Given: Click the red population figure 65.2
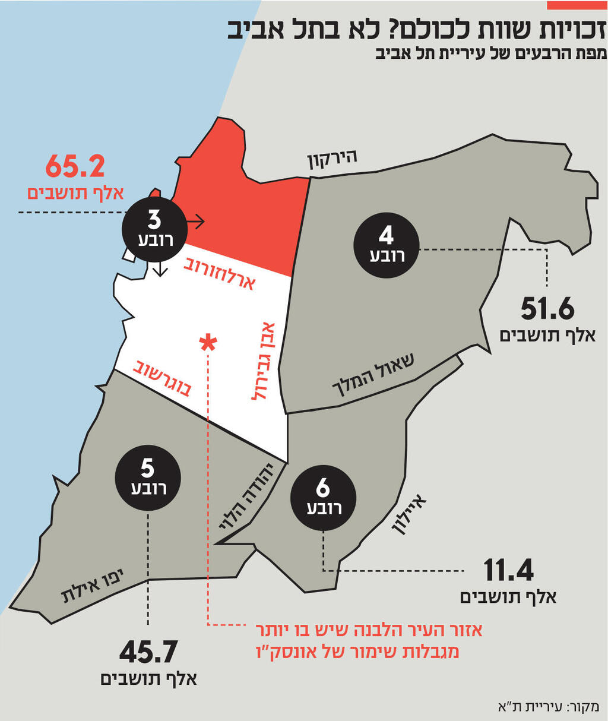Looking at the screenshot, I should pyautogui.click(x=75, y=167).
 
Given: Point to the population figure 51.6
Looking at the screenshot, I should pyautogui.click(x=547, y=310).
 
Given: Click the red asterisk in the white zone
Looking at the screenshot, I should pyautogui.click(x=208, y=342).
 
